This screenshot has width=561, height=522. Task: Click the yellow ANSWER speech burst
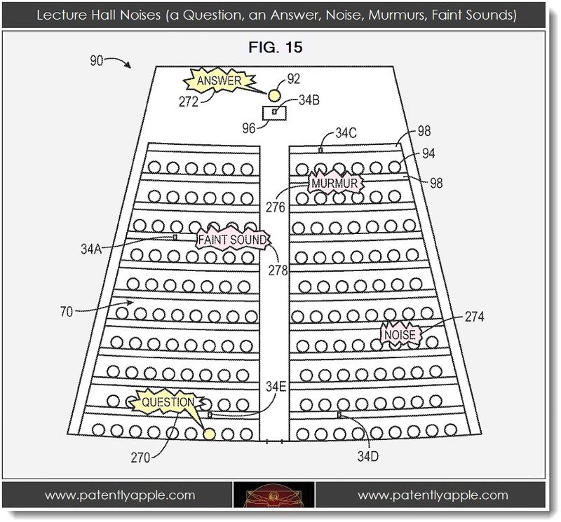(x=219, y=80)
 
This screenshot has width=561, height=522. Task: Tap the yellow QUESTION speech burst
(x=168, y=403)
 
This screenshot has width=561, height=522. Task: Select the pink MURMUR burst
(x=334, y=184)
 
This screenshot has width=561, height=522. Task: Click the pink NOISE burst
(x=400, y=335)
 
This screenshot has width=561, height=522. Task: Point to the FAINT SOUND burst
(x=233, y=239)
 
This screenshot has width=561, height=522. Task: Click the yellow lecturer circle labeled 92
(x=274, y=95)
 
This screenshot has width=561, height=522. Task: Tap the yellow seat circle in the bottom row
(x=209, y=434)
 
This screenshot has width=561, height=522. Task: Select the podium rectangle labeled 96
(x=275, y=114)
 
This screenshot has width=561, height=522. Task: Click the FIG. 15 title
(x=276, y=47)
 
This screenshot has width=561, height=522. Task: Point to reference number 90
(x=97, y=60)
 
